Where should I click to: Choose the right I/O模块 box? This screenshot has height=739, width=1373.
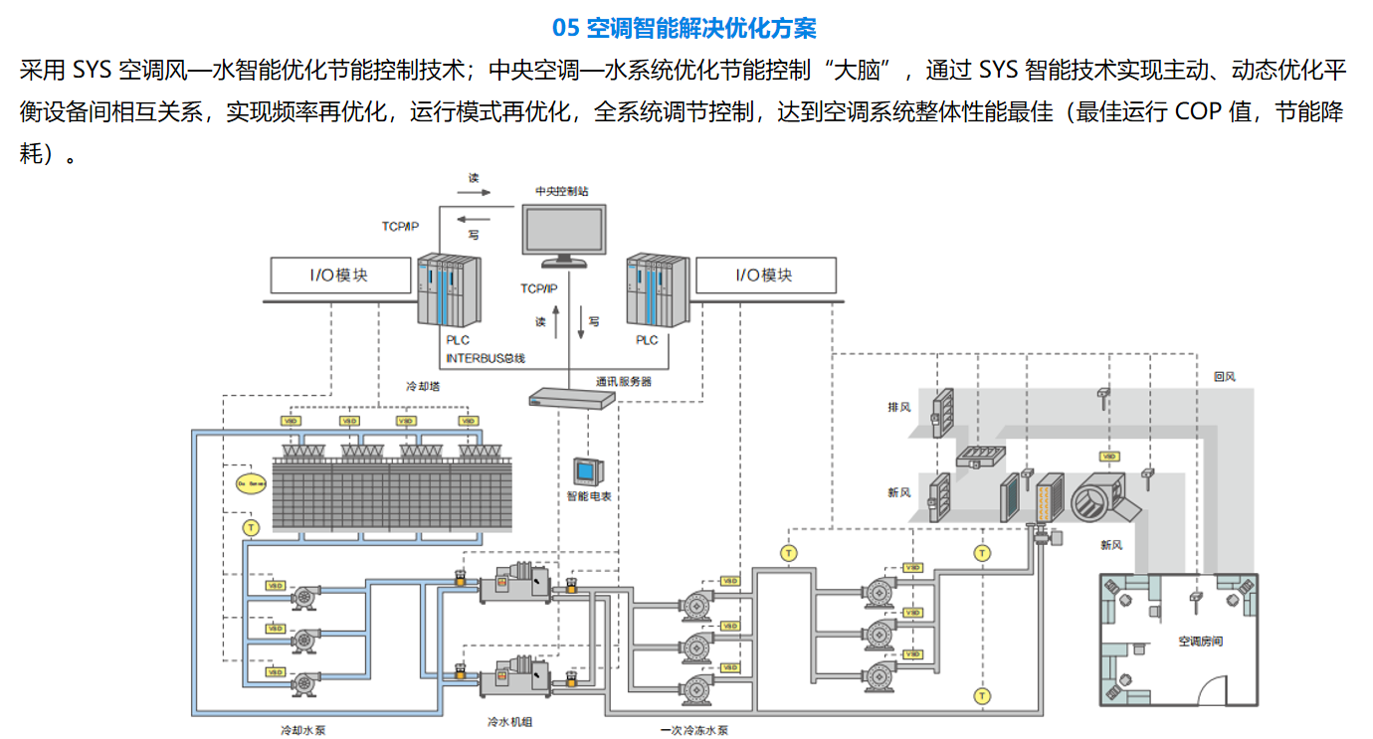pos(765,276)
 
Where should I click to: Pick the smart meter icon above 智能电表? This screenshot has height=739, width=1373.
pos(585,471)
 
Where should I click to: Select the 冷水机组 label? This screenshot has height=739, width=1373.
pos(509,722)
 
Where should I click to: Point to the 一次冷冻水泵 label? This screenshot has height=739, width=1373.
pos(693,730)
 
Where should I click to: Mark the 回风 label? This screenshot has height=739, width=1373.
pos(1225,377)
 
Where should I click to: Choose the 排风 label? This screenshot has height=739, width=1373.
pos(899,408)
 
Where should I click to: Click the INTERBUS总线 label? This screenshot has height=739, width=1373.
pos(485,357)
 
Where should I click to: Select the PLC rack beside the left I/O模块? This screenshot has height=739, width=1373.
pos(449,290)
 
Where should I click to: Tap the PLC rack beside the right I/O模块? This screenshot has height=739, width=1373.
pos(657,290)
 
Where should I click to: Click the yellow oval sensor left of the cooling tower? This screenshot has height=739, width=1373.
pos(251,482)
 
